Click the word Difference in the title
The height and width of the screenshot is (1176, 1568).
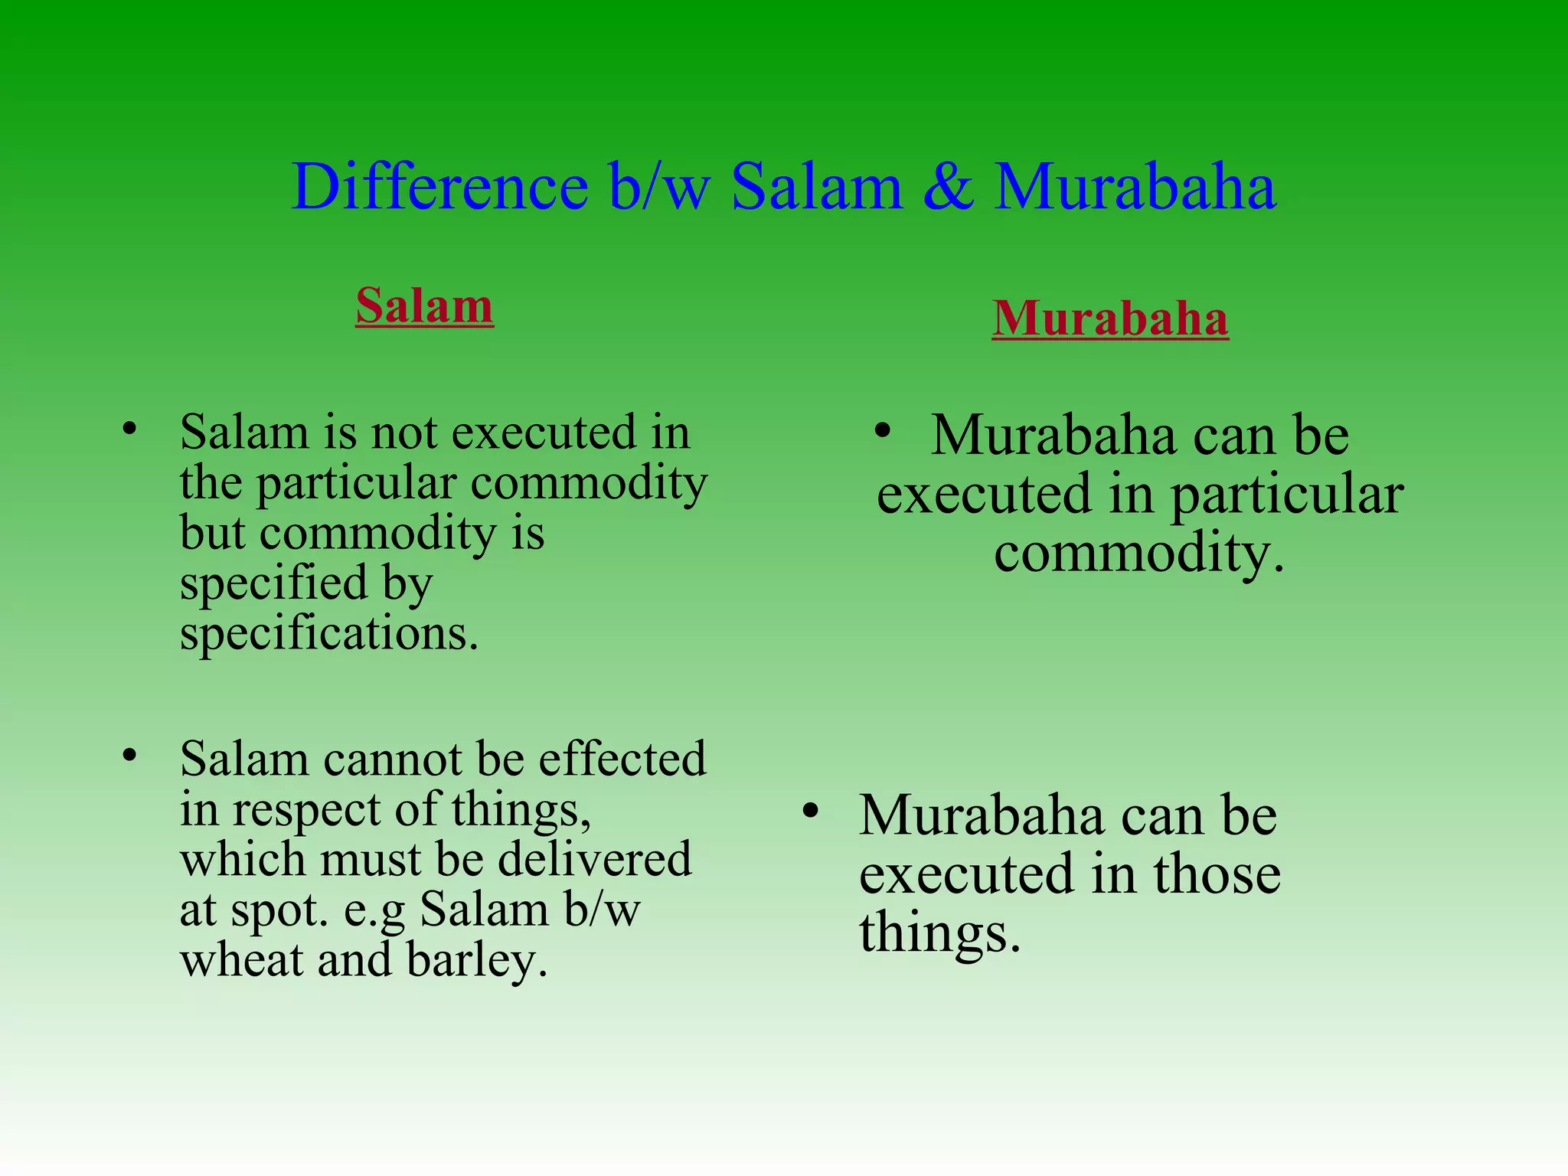(x=439, y=187)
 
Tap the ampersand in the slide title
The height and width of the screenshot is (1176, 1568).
(x=949, y=187)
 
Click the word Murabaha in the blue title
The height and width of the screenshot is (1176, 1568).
(x=1135, y=187)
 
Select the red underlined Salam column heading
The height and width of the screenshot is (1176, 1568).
(x=424, y=305)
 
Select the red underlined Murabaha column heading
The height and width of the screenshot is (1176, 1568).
(x=1110, y=318)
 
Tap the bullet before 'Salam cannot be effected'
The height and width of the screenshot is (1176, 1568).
(x=130, y=756)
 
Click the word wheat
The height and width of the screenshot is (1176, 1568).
(x=242, y=960)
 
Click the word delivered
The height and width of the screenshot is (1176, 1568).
(x=595, y=859)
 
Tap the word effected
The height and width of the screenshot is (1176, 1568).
(x=622, y=759)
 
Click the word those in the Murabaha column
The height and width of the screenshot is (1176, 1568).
(x=1217, y=874)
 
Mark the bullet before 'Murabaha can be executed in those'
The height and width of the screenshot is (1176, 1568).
(x=811, y=810)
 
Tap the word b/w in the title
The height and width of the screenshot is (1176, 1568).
(x=659, y=187)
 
